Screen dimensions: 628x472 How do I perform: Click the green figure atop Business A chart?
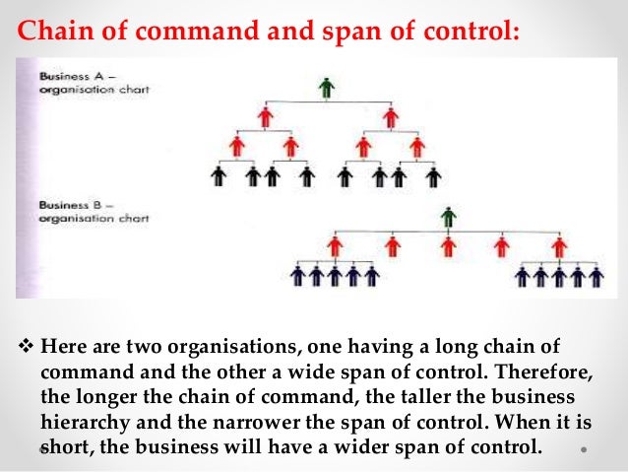coord(327,88)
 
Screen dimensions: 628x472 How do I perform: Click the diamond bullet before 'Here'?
coord(27,347)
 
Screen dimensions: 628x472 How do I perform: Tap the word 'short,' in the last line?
coord(70,443)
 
